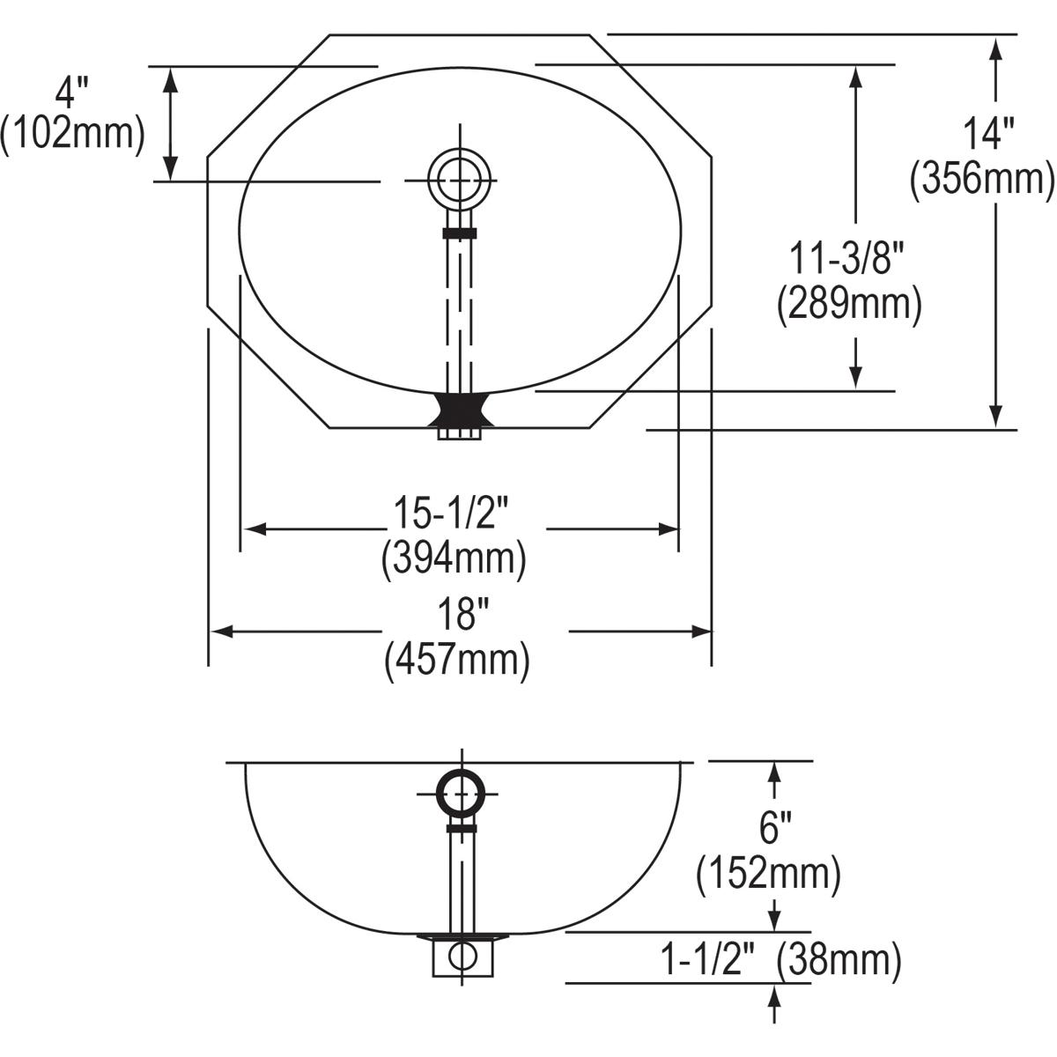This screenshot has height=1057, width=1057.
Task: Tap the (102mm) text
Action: tap(72, 134)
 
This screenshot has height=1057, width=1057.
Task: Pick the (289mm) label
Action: tap(849, 305)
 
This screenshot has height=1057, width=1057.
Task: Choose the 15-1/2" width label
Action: tap(452, 513)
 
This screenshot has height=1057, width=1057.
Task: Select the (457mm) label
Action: tap(457, 661)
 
